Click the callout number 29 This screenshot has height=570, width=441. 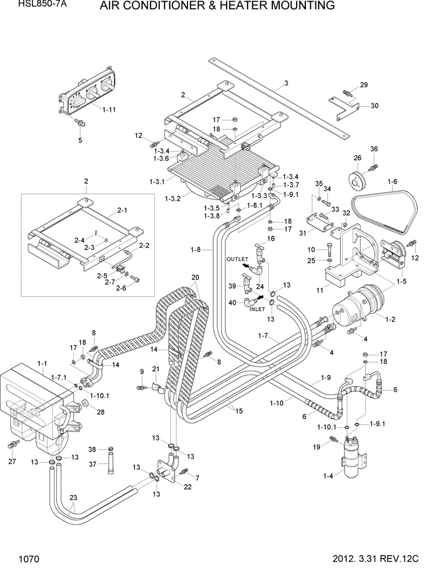click(363, 85)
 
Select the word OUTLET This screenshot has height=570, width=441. click(237, 258)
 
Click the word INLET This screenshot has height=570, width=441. click(257, 310)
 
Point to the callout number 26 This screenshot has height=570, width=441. click(357, 158)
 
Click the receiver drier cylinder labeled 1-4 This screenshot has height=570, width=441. click(349, 454)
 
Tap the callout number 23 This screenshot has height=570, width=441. click(73, 497)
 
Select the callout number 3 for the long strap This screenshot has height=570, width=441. click(286, 84)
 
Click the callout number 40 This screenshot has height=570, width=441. click(232, 302)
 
